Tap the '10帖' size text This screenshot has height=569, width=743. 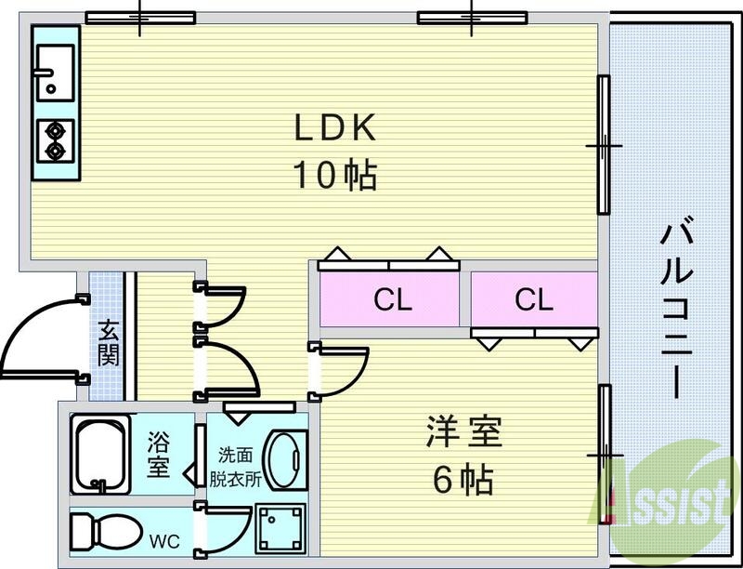tap(335, 174)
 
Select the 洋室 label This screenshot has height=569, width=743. tap(463, 432)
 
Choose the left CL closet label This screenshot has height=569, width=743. tap(392, 299)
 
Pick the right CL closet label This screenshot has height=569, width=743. tap(533, 299)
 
